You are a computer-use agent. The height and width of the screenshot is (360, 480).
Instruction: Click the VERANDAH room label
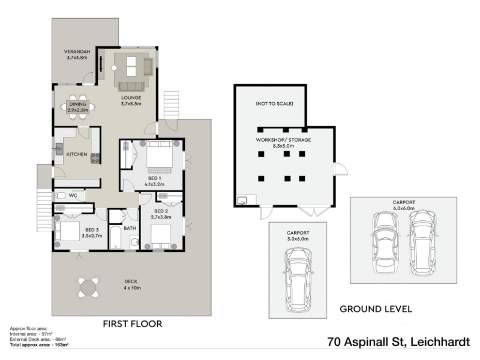[77, 52]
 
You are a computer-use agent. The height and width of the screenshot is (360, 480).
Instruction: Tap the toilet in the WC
[60, 196]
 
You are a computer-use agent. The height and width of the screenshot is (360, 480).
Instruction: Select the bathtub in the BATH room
[115, 238]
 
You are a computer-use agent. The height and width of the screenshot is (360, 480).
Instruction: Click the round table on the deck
[88, 287]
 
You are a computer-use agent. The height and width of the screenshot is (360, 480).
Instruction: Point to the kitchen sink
[59, 150]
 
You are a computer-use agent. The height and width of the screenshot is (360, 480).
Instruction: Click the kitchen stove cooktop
[95, 158]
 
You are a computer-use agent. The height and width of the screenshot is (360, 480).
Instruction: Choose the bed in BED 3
[67, 231]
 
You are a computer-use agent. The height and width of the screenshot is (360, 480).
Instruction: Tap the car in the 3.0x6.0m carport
[298, 280]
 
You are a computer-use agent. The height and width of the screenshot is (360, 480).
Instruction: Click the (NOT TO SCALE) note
[274, 103]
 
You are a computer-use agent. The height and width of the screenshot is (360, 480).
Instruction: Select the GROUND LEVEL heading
[376, 309]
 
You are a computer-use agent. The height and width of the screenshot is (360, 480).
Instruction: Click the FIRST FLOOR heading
[132, 324]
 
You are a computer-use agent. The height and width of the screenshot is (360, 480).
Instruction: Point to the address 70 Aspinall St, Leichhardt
[398, 341]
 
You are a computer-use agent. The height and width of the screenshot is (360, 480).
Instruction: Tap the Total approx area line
[39, 344]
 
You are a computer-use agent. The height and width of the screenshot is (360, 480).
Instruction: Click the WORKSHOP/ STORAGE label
[283, 140]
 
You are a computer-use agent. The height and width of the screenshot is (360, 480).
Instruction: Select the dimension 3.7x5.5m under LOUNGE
[131, 103]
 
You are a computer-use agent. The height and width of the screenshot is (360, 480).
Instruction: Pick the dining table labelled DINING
[78, 107]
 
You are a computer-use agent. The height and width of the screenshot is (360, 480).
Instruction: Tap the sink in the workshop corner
[242, 200]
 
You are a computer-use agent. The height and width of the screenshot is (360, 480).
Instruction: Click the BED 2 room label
[161, 211]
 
